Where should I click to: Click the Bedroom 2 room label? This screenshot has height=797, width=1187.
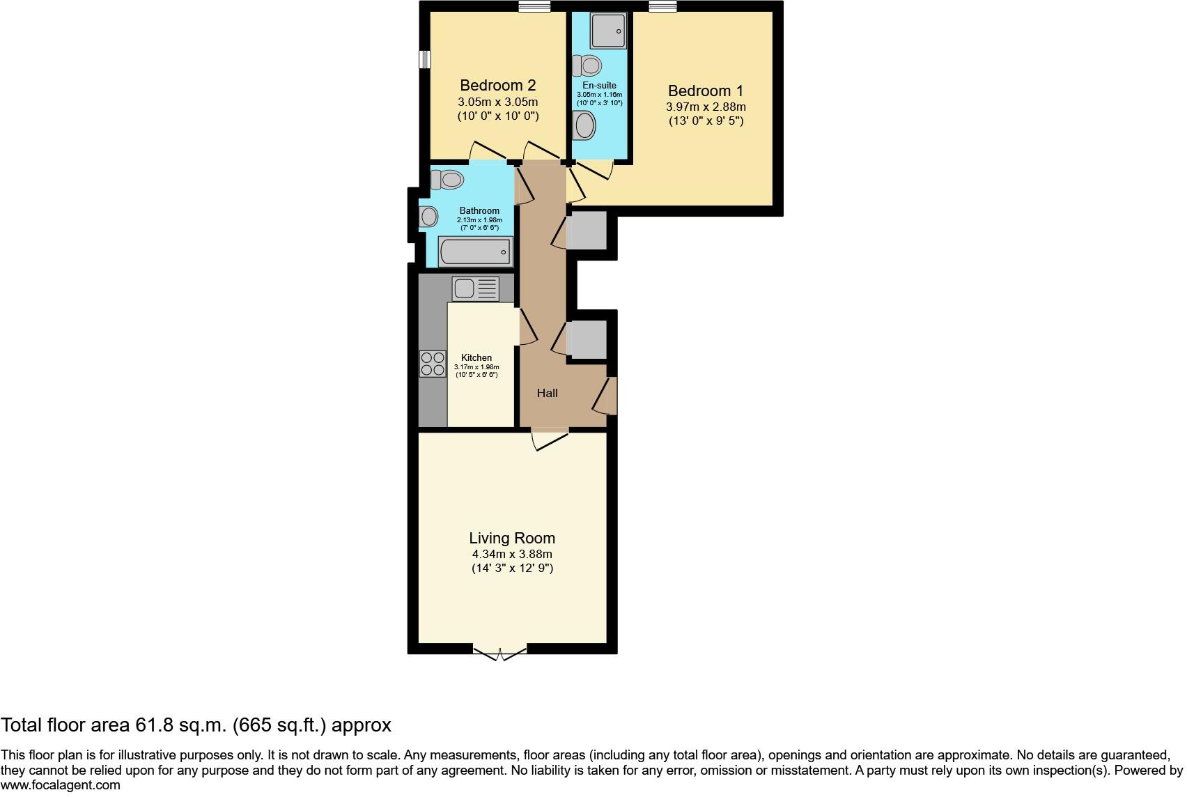click(x=497, y=86)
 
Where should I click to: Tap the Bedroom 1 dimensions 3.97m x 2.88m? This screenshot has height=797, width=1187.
click(x=706, y=107)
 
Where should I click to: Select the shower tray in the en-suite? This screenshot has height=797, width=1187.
click(x=607, y=30)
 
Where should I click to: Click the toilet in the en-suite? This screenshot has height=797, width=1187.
click(x=587, y=66)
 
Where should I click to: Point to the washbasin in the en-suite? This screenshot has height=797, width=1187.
click(x=584, y=127)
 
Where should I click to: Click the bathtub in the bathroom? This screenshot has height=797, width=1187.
click(x=475, y=252)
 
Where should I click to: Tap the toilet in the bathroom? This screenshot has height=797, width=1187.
click(x=447, y=180)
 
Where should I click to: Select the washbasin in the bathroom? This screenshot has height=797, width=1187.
click(x=428, y=217)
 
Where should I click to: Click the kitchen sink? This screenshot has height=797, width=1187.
click(x=476, y=288)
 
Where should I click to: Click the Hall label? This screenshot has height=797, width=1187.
click(x=547, y=393)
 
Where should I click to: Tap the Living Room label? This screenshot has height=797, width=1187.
click(x=512, y=538)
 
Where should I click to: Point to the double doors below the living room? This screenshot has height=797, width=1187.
click(x=500, y=653)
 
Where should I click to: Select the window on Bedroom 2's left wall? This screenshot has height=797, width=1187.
click(x=424, y=59)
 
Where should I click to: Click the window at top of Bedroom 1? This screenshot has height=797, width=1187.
click(x=662, y=7)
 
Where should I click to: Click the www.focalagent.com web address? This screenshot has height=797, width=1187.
click(x=61, y=785)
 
